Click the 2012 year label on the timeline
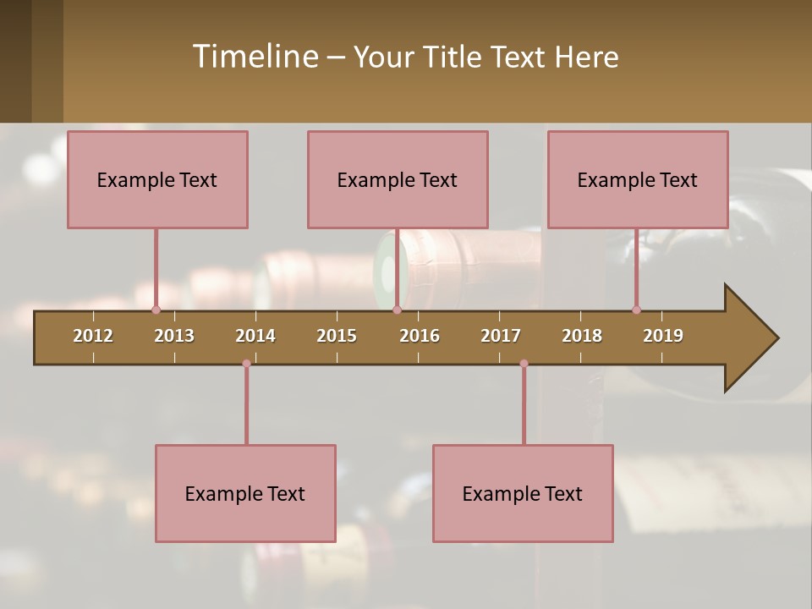tap(93, 336)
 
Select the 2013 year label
tap(174, 336)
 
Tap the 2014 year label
tap(255, 336)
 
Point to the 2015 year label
tap(337, 336)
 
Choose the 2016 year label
tap(420, 336)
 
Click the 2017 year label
tap(501, 336)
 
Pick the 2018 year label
tap(582, 336)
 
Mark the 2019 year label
tap(663, 336)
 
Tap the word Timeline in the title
tap(255, 57)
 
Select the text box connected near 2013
tap(157, 179)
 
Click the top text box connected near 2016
tap(398, 179)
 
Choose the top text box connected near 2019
tap(638, 179)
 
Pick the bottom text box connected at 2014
tap(245, 493)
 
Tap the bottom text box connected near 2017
tap(523, 493)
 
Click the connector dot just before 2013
tap(156, 310)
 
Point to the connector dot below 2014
tap(246, 364)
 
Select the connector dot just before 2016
tap(397, 310)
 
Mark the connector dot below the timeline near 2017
tap(524, 364)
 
